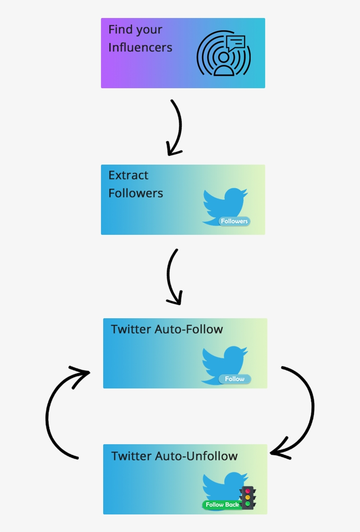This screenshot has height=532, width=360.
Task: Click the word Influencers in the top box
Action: [x=140, y=47]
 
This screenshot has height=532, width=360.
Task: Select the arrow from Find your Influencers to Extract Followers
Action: [x=176, y=127]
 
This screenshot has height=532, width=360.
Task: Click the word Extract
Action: [x=128, y=175]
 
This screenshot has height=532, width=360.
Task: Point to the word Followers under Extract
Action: [x=136, y=193]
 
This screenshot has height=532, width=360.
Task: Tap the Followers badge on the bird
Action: [x=234, y=221]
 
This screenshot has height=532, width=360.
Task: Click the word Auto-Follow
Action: [x=189, y=329]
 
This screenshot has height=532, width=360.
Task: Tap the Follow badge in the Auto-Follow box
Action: [x=235, y=379]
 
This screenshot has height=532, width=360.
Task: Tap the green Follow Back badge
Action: [x=222, y=505]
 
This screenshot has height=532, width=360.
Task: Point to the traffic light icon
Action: [x=248, y=498]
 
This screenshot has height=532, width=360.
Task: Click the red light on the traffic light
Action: [x=248, y=491]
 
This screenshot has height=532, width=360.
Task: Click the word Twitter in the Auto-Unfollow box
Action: [x=131, y=456]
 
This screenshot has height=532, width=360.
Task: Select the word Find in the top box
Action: [x=120, y=29]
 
